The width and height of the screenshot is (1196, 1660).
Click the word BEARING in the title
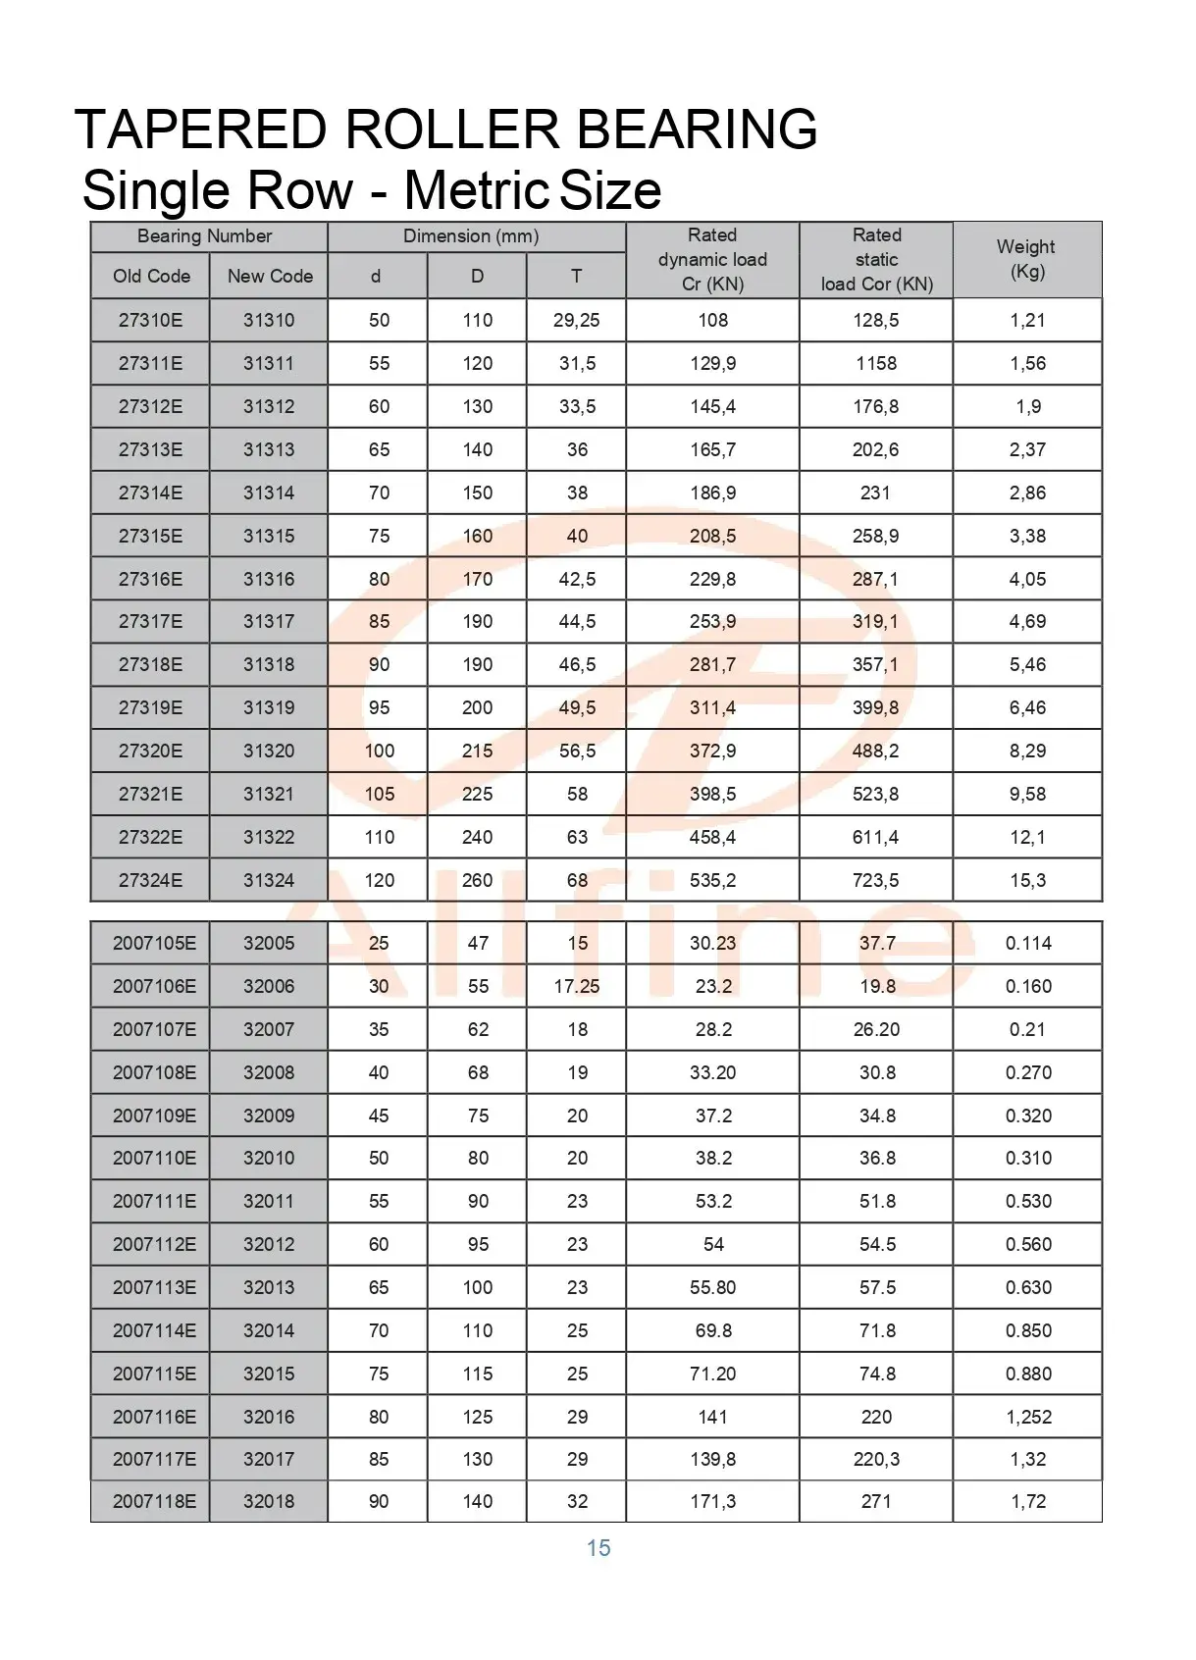696,130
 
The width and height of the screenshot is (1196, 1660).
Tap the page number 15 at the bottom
598,1548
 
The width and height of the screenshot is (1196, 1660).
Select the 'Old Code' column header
151,276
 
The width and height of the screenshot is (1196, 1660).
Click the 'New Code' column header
270,276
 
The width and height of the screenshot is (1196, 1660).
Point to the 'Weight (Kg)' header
1026,259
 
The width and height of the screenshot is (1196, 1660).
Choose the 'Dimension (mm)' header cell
471,236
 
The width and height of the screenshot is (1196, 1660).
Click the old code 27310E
150,320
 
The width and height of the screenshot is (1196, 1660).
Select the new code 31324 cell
269,880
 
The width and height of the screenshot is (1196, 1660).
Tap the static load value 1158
876,363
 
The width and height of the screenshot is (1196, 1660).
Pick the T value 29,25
577,320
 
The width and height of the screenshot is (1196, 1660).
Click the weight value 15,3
1027,880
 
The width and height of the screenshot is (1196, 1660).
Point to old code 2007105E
154,943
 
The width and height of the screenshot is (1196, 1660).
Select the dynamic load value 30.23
712,943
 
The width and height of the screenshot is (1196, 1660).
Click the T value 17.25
577,986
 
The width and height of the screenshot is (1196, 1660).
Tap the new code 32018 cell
269,1501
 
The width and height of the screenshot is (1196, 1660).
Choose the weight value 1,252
1027,1417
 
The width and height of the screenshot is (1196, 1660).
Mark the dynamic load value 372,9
712,751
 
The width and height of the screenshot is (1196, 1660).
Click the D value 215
478,751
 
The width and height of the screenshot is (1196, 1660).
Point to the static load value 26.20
876,1029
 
